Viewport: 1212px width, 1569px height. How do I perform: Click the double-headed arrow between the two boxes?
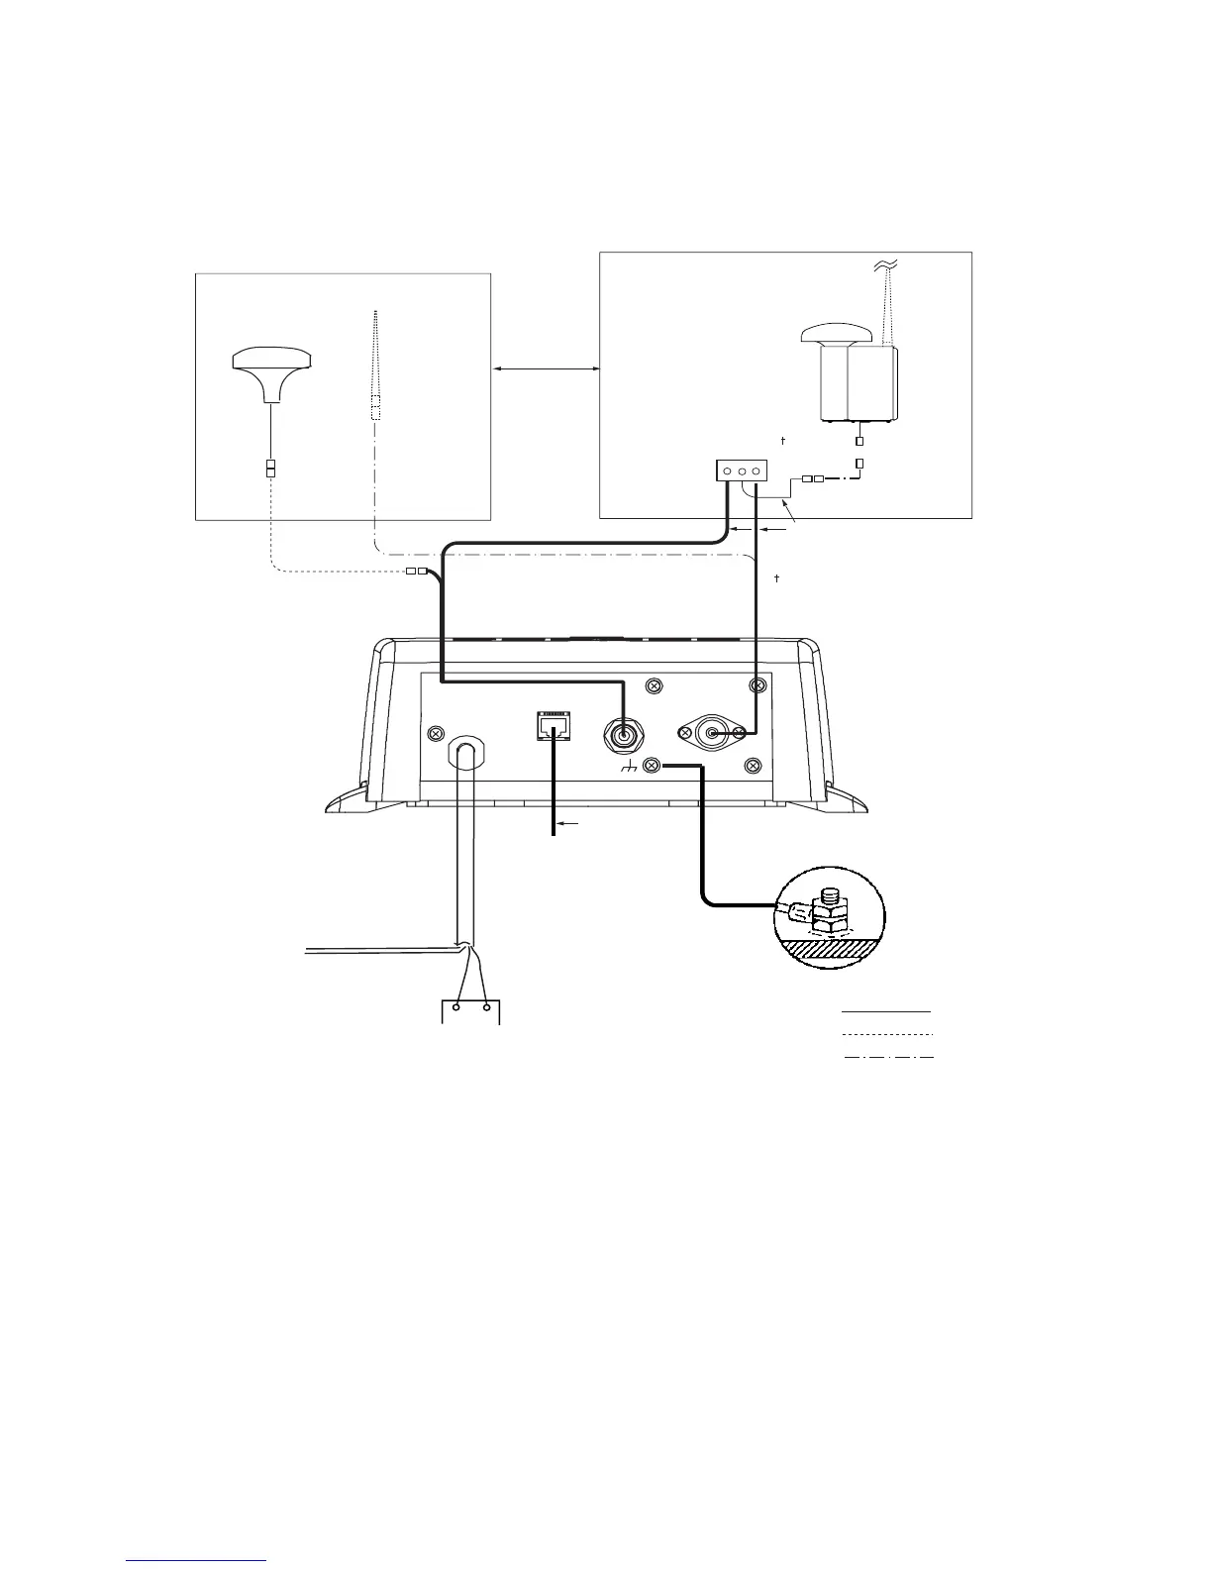click(x=546, y=368)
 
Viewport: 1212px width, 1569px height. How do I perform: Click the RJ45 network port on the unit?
click(x=552, y=725)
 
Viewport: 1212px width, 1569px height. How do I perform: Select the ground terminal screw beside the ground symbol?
click(x=651, y=765)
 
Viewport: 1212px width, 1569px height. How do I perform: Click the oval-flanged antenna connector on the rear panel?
click(x=712, y=733)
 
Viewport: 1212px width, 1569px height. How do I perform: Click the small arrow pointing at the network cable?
click(x=569, y=823)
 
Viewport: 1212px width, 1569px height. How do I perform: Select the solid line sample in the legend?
click(x=886, y=1011)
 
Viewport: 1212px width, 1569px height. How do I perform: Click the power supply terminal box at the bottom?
click(x=469, y=1012)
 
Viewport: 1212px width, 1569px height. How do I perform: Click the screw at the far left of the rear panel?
click(x=434, y=733)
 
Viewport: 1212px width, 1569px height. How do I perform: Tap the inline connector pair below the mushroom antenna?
click(x=270, y=468)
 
